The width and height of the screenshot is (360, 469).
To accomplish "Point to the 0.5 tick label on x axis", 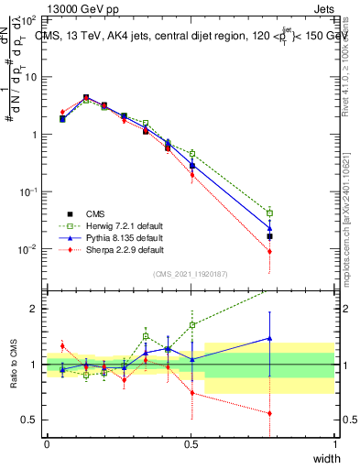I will click(191, 443).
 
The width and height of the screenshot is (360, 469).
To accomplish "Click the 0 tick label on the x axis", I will click(47, 443).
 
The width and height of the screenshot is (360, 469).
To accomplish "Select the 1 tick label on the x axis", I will click(334, 443).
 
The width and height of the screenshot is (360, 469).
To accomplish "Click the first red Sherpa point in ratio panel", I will click(62, 345).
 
